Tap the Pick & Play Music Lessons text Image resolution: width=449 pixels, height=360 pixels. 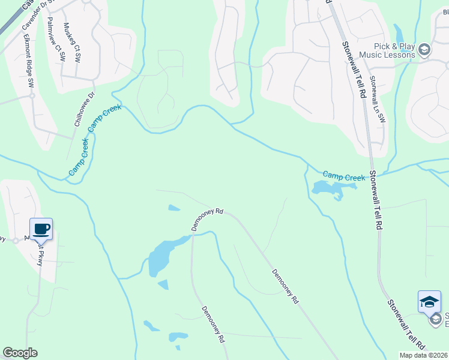[387, 50]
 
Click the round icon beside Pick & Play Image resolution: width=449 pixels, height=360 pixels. [424, 50]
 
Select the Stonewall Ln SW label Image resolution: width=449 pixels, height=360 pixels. [377, 99]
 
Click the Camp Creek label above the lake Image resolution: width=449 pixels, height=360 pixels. [344, 176]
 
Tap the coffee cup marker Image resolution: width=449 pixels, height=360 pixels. [41, 228]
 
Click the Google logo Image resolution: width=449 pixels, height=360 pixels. [20, 353]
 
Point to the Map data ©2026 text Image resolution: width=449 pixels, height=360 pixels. [423, 355]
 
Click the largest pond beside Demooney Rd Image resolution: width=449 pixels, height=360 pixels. [162, 255]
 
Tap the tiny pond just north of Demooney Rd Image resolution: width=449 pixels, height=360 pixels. [174, 208]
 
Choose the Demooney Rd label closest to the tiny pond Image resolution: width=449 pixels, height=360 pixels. [207, 220]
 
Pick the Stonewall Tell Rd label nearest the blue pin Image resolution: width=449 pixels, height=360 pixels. [406, 325]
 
